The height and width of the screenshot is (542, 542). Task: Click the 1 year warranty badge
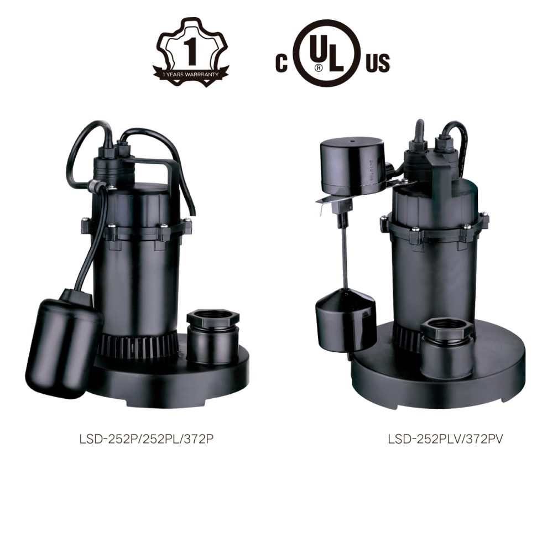click(191, 52)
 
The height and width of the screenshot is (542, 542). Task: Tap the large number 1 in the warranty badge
click(191, 51)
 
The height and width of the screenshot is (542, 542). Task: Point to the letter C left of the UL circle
click(282, 62)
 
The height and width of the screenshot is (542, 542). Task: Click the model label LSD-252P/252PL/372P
click(146, 439)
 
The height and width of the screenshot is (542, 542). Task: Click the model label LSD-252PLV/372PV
click(445, 439)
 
